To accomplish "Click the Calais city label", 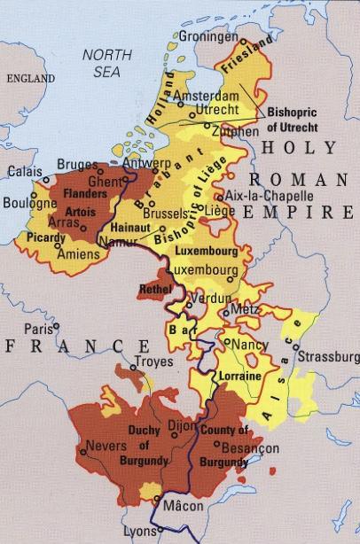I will pos(24,171).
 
